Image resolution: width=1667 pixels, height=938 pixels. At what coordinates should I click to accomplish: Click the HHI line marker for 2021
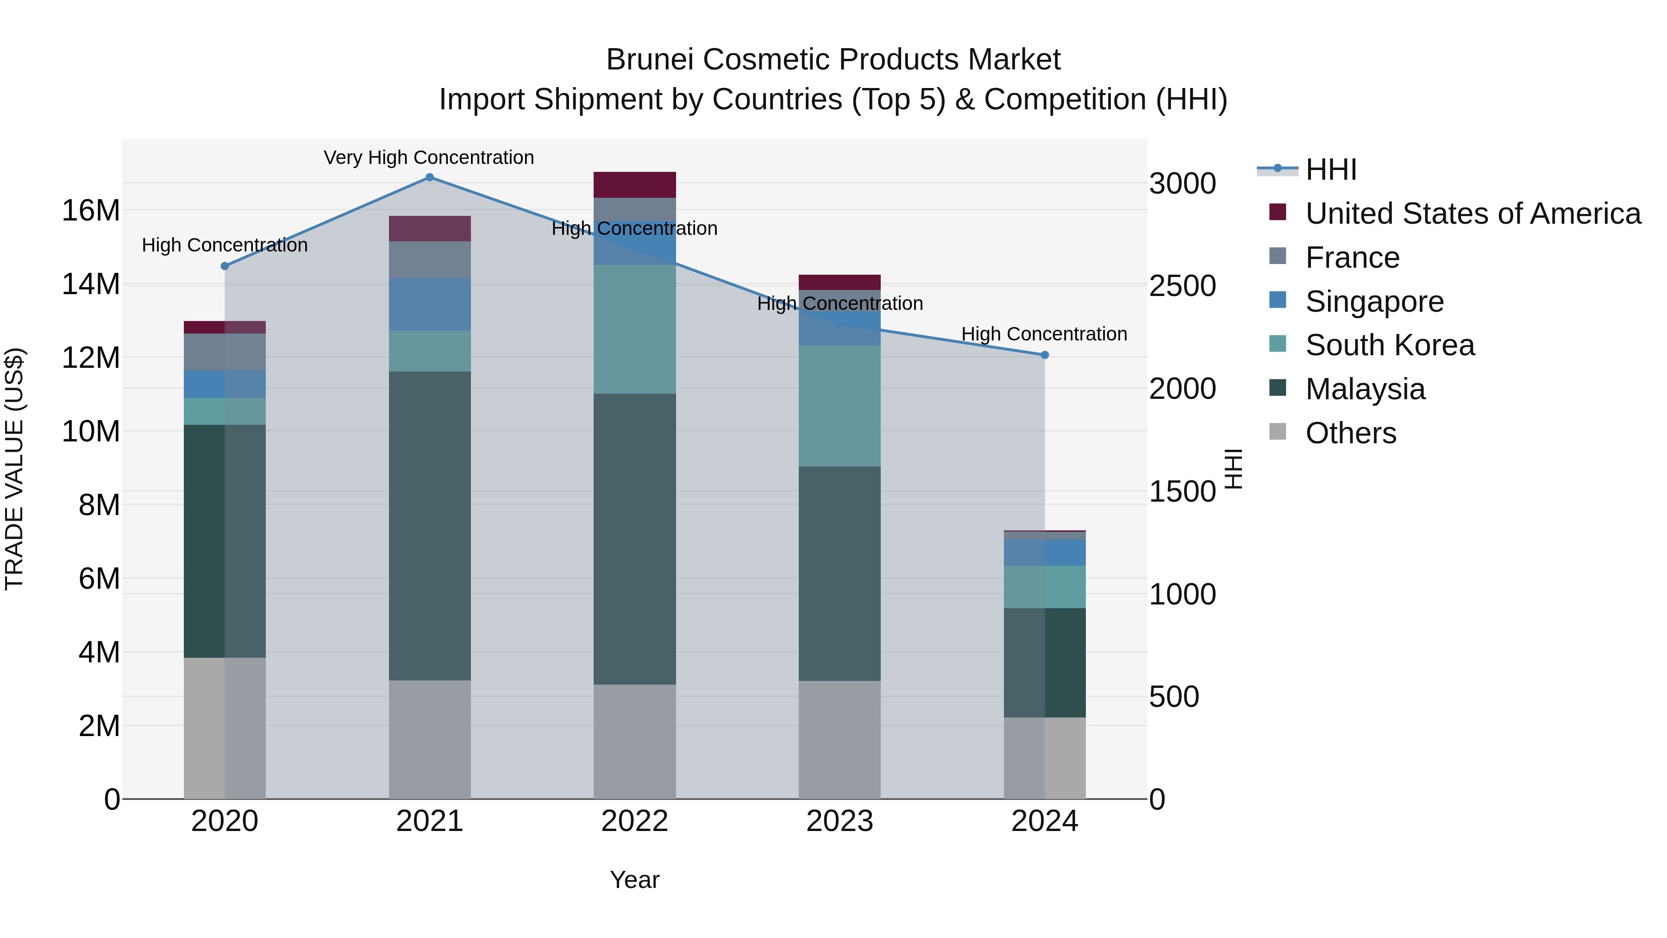430,177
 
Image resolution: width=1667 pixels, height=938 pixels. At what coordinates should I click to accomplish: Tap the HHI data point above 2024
1045,355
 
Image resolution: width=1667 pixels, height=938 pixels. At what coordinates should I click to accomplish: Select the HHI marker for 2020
225,266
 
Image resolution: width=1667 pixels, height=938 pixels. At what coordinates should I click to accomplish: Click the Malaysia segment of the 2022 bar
634,539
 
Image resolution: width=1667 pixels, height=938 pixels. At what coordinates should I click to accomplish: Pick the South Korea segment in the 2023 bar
840,406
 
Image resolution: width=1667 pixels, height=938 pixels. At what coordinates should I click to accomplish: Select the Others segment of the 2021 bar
430,739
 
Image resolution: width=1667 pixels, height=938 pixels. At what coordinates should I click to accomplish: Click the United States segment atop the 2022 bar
634,184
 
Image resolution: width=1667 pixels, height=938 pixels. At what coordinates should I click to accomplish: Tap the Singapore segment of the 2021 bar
430,304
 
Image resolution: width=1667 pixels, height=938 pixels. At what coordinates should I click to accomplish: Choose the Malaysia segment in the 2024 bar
1045,662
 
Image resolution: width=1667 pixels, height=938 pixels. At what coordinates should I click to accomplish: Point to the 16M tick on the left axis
91,210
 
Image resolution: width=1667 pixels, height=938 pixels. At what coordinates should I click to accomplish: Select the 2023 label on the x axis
840,821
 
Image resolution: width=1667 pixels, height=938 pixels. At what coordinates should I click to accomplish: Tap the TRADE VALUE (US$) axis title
14,469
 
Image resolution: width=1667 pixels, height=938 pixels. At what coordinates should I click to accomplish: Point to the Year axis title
634,880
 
